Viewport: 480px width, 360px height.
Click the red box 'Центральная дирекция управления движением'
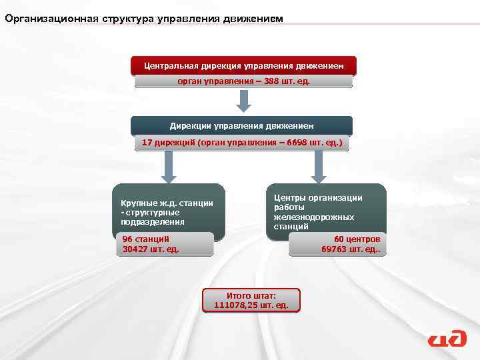click(x=243, y=66)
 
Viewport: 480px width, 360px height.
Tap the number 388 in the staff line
click(x=253, y=81)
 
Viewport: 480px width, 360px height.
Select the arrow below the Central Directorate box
click(x=244, y=101)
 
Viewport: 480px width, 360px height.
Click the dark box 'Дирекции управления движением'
click(x=241, y=125)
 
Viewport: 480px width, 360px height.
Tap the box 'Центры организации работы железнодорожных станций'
click(x=326, y=211)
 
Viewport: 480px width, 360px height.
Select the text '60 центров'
click(x=357, y=239)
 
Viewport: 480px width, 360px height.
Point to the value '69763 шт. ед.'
click(x=351, y=250)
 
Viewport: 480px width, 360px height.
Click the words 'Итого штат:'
click(x=251, y=295)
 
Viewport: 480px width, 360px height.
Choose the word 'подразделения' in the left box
click(x=153, y=221)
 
